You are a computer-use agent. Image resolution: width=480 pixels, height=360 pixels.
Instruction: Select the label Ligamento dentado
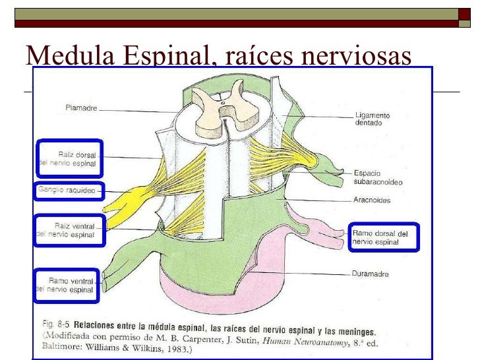click(x=373, y=119)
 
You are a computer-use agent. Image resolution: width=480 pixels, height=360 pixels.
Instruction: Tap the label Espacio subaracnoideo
click(x=378, y=177)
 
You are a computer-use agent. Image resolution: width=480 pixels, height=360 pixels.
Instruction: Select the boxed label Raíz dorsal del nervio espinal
click(x=69, y=158)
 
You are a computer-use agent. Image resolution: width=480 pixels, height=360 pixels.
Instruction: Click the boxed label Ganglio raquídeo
click(x=68, y=192)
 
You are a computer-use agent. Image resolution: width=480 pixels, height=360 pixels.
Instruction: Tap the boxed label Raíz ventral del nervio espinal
click(x=69, y=230)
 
